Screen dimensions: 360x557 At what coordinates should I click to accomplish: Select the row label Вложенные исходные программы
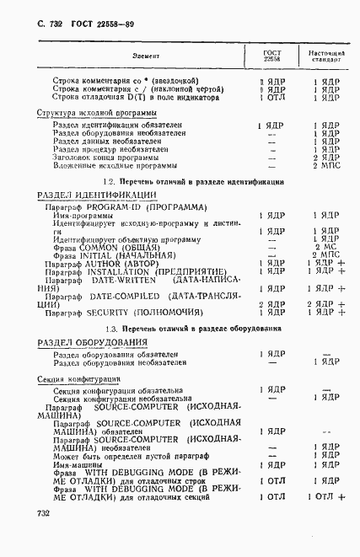click(x=110, y=166)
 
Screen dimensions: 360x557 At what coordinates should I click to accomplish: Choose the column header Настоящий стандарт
click(x=325, y=56)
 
